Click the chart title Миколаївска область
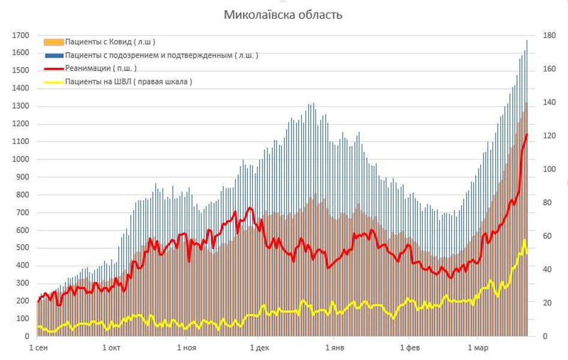pos(283,14)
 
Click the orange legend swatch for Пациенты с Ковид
pos(53,42)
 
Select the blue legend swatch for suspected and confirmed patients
pos(53,55)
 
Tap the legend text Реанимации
pos(100,68)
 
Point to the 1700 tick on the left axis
pos(20,35)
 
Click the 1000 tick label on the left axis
pos(20,160)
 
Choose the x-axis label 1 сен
pos(37,348)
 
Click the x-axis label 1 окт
pos(112,348)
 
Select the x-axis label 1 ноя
pos(186,348)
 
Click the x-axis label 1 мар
pos(477,348)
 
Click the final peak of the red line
pos(527,134)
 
